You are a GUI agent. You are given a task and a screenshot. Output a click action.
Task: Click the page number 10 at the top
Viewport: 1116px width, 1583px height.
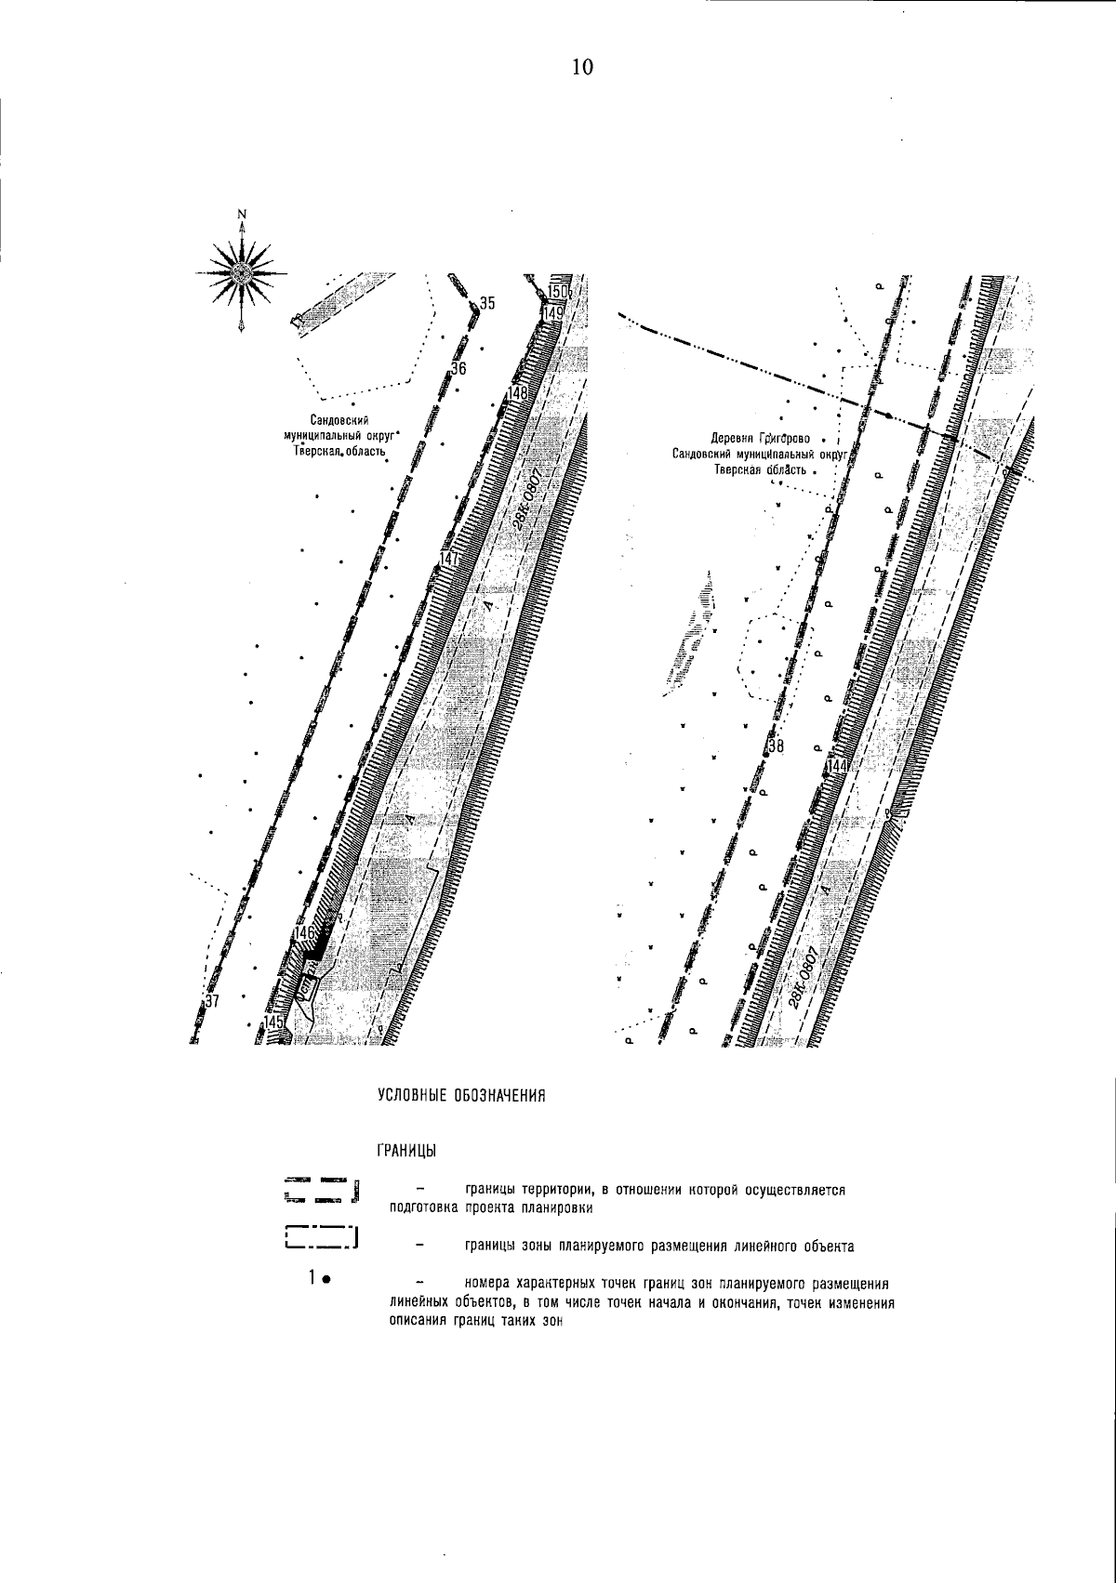coord(582,67)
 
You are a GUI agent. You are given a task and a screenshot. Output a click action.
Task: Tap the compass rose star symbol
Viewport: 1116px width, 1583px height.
coord(242,272)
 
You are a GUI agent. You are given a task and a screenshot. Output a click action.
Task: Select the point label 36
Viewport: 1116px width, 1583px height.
coord(458,369)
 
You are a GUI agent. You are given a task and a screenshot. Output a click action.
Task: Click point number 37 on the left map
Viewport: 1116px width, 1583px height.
coord(211,1001)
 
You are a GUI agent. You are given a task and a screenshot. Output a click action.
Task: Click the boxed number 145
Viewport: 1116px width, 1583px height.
coord(275,1022)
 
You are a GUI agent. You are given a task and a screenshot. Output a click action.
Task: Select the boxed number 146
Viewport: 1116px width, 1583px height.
coord(305,932)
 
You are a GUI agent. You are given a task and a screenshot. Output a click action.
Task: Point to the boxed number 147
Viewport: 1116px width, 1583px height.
coord(451,560)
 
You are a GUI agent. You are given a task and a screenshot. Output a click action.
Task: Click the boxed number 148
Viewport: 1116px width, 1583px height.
coord(517,393)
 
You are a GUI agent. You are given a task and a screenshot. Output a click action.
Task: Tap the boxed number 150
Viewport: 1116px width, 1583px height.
coord(557,293)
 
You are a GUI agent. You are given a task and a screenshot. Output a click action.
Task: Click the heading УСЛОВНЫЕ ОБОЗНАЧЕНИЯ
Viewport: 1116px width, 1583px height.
coord(459,1096)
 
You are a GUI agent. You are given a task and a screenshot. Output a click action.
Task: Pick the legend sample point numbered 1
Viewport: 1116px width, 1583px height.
coord(318,1279)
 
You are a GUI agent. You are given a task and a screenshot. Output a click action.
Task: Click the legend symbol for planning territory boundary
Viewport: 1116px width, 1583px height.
coord(322,1191)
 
